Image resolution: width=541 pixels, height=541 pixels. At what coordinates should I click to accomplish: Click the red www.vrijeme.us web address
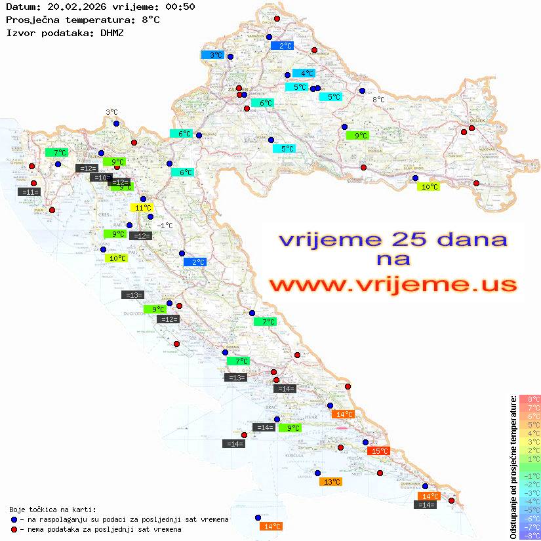[393, 285]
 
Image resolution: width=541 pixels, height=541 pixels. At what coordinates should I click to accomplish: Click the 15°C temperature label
[380, 451]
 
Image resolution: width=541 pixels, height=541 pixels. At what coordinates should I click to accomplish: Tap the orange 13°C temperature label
[330, 482]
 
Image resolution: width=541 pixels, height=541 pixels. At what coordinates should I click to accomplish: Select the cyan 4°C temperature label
[304, 73]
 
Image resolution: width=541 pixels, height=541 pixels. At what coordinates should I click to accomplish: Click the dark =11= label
[30, 192]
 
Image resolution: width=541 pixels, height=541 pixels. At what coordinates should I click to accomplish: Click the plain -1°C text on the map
[165, 226]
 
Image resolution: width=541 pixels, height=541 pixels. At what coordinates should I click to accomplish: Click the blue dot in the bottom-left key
[14, 519]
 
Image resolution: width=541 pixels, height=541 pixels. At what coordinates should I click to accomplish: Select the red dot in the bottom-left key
[14, 529]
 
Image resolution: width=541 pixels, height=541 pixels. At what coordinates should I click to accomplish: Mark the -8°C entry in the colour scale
[529, 536]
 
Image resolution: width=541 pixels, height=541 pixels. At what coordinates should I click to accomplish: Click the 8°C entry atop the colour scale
[529, 399]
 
